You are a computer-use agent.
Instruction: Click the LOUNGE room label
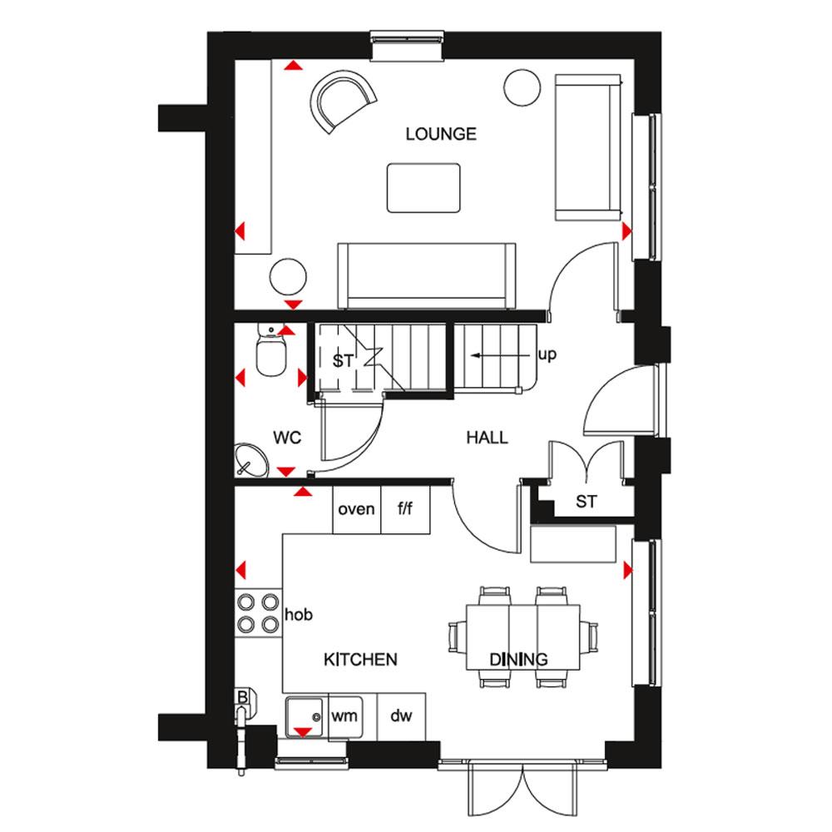[441, 134]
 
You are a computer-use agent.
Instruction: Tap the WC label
[287, 438]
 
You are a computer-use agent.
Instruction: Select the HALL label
[487, 438]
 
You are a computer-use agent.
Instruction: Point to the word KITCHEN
[360, 660]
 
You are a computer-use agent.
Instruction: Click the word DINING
[518, 660]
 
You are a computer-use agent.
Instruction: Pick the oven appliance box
[357, 509]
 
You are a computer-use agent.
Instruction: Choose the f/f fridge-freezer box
[405, 509]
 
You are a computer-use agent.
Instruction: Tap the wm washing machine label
[344, 716]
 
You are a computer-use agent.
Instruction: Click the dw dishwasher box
[401, 716]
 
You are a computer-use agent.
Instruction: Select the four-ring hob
[259, 613]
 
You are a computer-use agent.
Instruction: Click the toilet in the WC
[271, 349]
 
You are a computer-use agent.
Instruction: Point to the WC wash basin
[251, 460]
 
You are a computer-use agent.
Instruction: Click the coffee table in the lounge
[423, 188]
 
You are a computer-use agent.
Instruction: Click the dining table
[523, 637]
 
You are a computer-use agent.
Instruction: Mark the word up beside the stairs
[547, 355]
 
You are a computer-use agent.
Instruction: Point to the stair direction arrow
[500, 355]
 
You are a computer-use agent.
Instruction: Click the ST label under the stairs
[343, 361]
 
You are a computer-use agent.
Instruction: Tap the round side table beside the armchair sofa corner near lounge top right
[522, 88]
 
